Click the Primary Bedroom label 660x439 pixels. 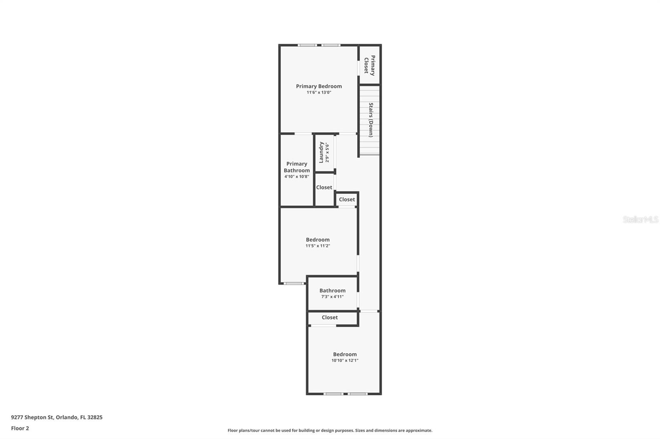pyautogui.click(x=318, y=86)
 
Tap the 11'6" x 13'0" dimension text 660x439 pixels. pyautogui.click(x=318, y=93)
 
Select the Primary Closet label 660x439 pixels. pyautogui.click(x=369, y=65)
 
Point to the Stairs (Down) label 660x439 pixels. pyautogui.click(x=370, y=120)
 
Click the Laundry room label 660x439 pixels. pyautogui.click(x=321, y=152)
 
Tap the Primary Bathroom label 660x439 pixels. pyautogui.click(x=297, y=167)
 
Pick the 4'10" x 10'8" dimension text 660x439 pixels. pyautogui.click(x=297, y=177)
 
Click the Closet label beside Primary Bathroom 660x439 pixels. pyautogui.click(x=324, y=187)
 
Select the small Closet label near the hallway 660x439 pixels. pyautogui.click(x=346, y=199)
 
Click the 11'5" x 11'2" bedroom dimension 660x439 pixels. pyautogui.click(x=318, y=246)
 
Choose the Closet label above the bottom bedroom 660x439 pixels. pyautogui.click(x=330, y=318)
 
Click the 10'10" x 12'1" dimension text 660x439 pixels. pyautogui.click(x=345, y=360)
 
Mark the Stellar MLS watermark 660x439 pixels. pyautogui.click(x=640, y=219)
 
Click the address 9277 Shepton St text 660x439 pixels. pyautogui.click(x=57, y=417)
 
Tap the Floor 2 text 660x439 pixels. pyautogui.click(x=20, y=428)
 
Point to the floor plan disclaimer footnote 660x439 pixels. pyautogui.click(x=330, y=430)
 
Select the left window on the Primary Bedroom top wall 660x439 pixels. pyautogui.click(x=307, y=45)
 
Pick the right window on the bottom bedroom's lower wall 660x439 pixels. pyautogui.click(x=357, y=394)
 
